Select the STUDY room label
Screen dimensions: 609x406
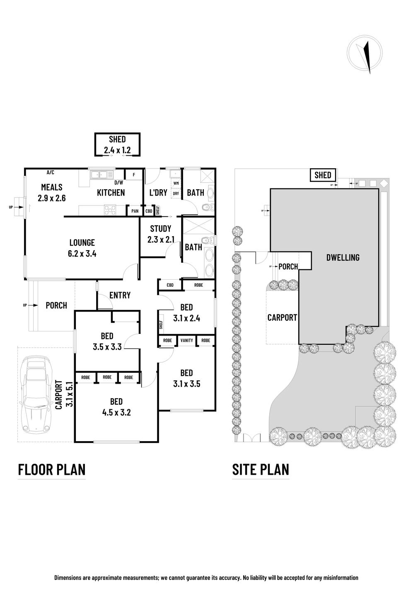[x=160, y=229]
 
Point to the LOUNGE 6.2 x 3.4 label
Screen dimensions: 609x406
[x=82, y=248]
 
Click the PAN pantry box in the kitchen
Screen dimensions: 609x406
[x=135, y=211]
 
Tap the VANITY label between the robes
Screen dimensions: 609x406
[x=186, y=341]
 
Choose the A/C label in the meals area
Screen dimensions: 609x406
[x=51, y=172]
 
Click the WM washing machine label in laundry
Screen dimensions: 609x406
[x=176, y=183]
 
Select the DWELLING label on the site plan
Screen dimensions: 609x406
[x=343, y=257]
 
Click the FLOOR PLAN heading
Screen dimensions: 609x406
[x=52, y=469]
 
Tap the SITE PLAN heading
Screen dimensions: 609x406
[x=261, y=469]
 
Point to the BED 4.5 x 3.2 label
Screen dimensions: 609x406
[x=116, y=407]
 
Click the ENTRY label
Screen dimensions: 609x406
[x=120, y=295]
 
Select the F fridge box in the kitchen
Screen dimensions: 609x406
[x=134, y=175]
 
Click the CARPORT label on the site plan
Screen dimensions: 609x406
[x=282, y=317]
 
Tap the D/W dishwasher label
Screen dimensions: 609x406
[x=118, y=183]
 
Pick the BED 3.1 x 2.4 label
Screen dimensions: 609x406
[x=186, y=313]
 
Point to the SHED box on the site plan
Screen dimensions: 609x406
[x=323, y=175]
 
